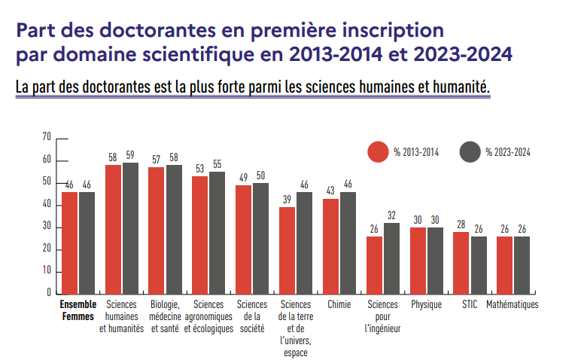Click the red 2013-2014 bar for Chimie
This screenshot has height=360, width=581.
[x=330, y=246]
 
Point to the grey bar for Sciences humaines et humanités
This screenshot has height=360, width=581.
[x=130, y=227]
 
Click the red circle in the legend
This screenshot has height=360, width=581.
[x=377, y=151]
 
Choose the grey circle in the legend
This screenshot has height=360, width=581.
[x=470, y=151]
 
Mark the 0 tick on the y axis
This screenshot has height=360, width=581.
[x=48, y=292]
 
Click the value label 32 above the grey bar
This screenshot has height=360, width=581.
[x=391, y=215]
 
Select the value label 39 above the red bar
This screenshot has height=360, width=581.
[x=287, y=199]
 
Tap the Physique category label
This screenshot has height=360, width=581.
[x=426, y=305]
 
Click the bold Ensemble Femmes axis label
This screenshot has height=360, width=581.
[x=78, y=311]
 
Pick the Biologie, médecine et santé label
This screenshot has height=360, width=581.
[x=165, y=316]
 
